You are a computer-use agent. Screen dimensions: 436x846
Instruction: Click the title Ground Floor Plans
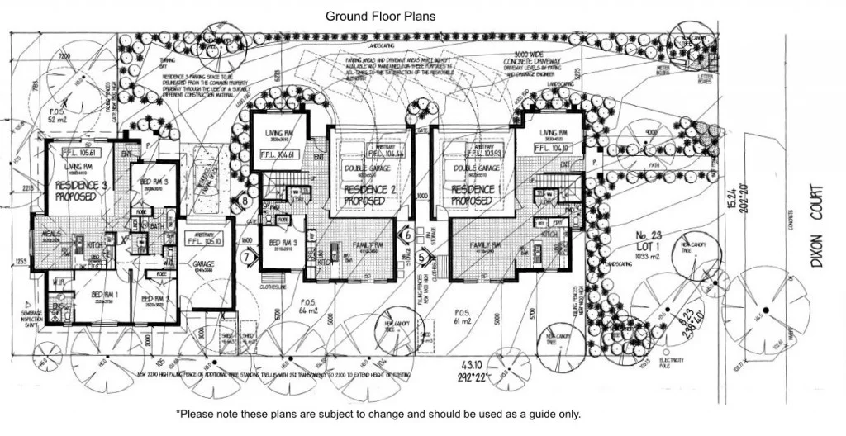380,16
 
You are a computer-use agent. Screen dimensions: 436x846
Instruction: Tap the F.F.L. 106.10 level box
554,149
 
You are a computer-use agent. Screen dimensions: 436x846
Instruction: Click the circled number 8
245,198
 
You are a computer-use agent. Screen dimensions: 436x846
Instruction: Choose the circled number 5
423,258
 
